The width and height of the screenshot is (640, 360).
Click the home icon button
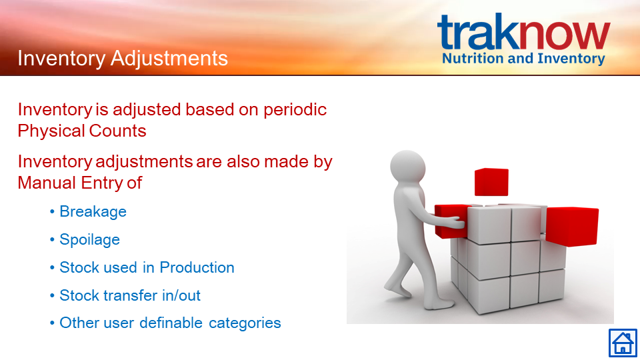623,343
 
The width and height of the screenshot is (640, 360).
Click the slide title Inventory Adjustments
123,58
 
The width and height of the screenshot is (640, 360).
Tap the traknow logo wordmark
524,31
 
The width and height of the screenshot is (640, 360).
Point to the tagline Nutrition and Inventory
523,59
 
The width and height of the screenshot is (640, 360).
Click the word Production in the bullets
197,267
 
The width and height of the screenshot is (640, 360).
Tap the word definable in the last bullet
171,323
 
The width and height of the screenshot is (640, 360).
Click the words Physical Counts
82,131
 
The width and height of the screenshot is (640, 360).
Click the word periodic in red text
295,110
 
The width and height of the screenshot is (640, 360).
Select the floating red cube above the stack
491,182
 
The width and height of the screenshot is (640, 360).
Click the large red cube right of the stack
572,227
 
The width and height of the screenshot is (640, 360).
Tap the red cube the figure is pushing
452,221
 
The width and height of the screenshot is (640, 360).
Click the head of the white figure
408,167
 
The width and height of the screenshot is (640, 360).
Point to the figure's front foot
440,304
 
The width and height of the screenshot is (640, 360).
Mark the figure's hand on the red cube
455,222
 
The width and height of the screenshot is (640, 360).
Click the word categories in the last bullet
245,323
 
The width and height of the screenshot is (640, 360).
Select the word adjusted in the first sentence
147,110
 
